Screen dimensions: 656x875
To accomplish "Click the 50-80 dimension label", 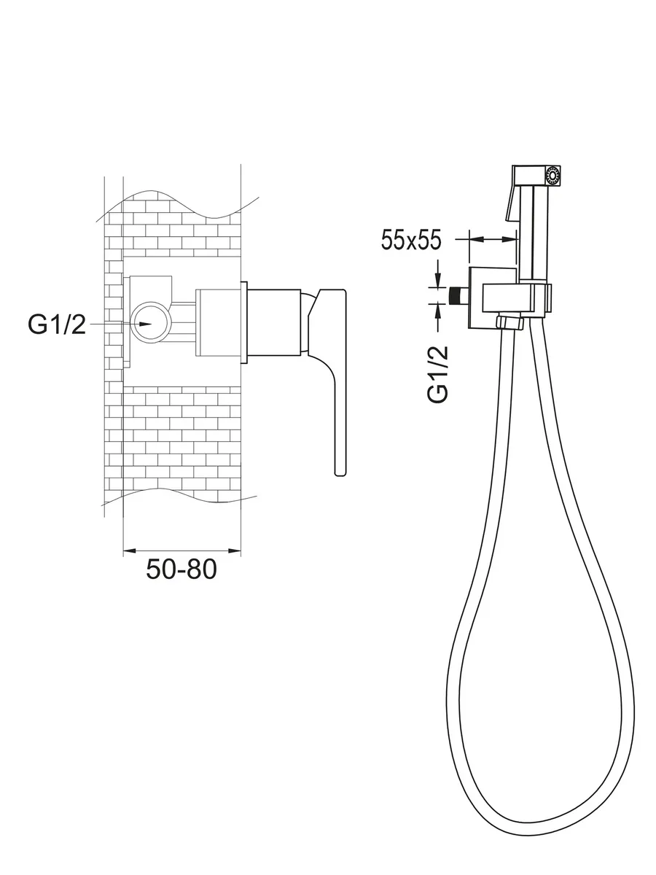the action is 181,569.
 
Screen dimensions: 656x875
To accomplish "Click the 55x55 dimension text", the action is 411,241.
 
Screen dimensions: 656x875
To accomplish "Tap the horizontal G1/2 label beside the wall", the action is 57,324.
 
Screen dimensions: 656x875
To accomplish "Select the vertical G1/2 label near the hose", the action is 438,374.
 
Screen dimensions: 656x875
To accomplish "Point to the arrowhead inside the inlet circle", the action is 145,324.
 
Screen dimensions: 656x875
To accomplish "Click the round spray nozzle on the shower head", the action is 552,176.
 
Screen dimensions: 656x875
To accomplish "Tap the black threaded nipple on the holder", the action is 458,296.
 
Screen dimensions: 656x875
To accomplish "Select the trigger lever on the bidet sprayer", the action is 512,203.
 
